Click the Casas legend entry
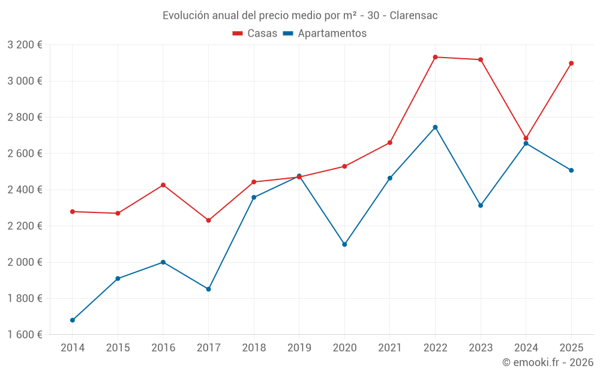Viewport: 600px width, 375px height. pyautogui.click(x=255, y=34)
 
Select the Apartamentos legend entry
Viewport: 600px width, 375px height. pyautogui.click(x=325, y=34)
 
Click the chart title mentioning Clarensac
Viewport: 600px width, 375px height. pyautogui.click(x=300, y=16)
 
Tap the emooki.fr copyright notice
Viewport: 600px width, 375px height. pyautogui.click(x=547, y=362)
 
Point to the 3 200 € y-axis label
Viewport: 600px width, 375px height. pyautogui.click(x=25, y=45)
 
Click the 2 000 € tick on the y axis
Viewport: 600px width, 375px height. pyautogui.click(x=25, y=262)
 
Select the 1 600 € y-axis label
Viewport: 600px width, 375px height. pyautogui.click(x=25, y=335)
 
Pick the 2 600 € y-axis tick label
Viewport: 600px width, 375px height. pyautogui.click(x=25, y=154)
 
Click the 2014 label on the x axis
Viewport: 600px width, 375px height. pyautogui.click(x=73, y=348)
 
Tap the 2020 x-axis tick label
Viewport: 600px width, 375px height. pyautogui.click(x=344, y=348)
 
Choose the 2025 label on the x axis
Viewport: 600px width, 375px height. pyautogui.click(x=571, y=348)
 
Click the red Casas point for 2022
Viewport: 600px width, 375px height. pyautogui.click(x=435, y=57)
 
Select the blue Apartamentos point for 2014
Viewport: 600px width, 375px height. pyautogui.click(x=73, y=320)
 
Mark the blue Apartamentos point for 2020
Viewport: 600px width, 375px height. pyautogui.click(x=344, y=244)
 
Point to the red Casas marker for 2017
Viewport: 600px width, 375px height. pyautogui.click(x=209, y=220)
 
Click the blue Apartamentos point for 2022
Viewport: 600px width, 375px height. pyautogui.click(x=435, y=127)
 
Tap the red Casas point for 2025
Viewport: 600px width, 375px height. pyautogui.click(x=571, y=63)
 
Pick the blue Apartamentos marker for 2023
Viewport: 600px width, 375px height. pyautogui.click(x=481, y=205)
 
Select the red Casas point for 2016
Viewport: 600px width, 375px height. pyautogui.click(x=163, y=185)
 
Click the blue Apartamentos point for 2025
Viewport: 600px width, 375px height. pyautogui.click(x=571, y=170)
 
